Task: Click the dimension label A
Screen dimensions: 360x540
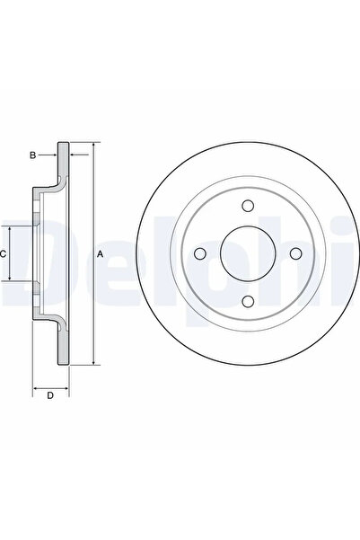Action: tap(100, 254)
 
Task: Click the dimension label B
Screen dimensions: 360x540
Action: tap(32, 155)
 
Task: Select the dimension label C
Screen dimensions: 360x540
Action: tap(3, 254)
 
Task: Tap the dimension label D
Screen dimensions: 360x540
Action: tap(50, 395)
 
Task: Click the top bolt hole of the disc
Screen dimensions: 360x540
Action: tap(248, 206)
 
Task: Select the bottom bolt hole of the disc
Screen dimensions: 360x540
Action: tap(248, 301)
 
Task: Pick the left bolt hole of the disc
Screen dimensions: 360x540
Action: tap(200, 253)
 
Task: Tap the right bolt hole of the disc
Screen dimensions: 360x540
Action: tap(295, 253)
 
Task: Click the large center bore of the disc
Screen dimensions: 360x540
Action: tap(248, 253)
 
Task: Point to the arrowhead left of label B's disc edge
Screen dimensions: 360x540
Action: tap(55, 155)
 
